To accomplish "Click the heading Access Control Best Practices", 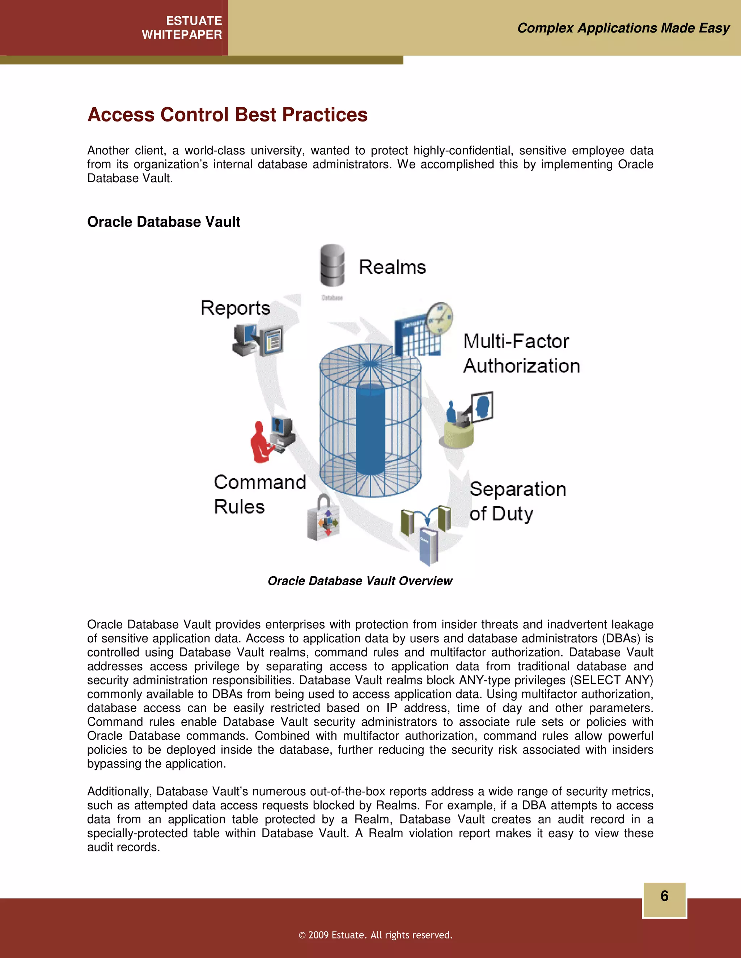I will coord(227,115).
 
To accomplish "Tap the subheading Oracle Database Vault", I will coord(164,222).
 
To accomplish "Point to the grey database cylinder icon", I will coord(332,266).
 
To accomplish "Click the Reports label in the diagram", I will coord(235,308).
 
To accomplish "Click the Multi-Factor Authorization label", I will coord(521,354).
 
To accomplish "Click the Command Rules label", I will coord(259,494).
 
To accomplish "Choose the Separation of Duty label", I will coord(517,501).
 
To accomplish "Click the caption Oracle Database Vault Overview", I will coord(360,581).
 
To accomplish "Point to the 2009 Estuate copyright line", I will coord(375,935).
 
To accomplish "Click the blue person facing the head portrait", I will coord(451,413).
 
